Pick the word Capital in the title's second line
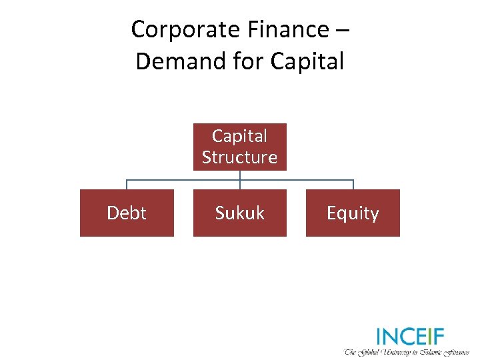(307, 62)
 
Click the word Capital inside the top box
(239, 136)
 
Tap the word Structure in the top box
(239, 157)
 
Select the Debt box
(127, 213)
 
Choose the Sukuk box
(239, 213)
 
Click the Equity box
(353, 213)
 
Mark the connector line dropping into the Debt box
(127, 185)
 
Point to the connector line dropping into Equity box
(353, 185)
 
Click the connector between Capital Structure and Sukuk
(240, 180)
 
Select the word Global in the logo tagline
(369, 351)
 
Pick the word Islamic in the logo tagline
(435, 351)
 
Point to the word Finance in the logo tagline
(459, 351)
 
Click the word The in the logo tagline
(351, 351)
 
